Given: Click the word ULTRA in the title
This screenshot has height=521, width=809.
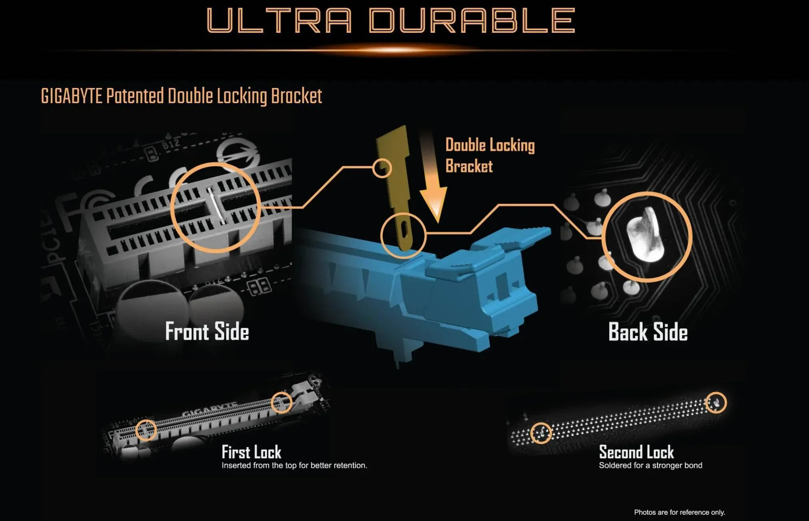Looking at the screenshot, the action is pyautogui.click(x=279, y=20).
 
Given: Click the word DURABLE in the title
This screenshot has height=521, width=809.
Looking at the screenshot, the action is pyautogui.click(x=472, y=20).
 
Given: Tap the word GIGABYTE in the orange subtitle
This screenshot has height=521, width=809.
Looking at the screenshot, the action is pyautogui.click(x=72, y=96).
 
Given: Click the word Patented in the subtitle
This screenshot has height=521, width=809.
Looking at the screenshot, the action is pyautogui.click(x=135, y=96).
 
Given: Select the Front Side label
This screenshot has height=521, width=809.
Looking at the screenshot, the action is pyautogui.click(x=207, y=331).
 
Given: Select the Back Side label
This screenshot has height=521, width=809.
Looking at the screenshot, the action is pyautogui.click(x=648, y=332).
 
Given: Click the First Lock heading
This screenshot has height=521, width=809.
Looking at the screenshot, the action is pyautogui.click(x=251, y=452).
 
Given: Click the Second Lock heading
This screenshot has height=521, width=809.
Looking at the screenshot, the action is pyautogui.click(x=636, y=452).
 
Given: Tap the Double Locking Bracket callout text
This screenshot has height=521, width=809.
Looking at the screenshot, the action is pyautogui.click(x=490, y=156).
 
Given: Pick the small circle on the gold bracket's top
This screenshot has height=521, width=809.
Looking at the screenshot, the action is pyautogui.click(x=382, y=168).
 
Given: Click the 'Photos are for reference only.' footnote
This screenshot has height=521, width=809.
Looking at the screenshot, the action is pyautogui.click(x=679, y=512).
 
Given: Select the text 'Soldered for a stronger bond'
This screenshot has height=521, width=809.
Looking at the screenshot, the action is pyautogui.click(x=650, y=465).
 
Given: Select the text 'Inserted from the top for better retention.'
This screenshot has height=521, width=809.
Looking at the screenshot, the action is pyautogui.click(x=294, y=465).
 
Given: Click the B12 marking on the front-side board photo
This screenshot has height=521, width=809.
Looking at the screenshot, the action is pyautogui.click(x=171, y=146).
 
